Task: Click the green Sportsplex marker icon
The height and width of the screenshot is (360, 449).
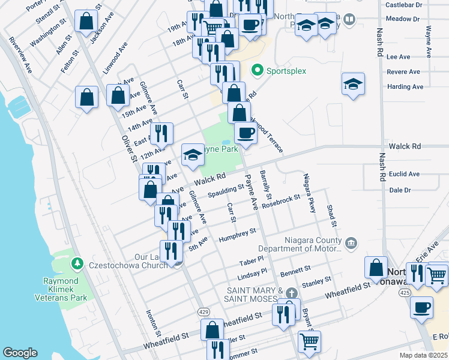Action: [258, 71]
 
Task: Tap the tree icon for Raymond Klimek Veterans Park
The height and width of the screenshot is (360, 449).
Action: [77, 263]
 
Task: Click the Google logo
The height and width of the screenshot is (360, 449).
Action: [20, 353]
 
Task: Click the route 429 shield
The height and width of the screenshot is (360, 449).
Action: [203, 312]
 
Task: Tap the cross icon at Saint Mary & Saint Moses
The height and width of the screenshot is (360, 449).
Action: [291, 293]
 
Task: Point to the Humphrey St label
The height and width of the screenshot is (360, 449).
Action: [237, 233]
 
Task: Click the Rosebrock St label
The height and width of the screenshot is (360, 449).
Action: [280, 199]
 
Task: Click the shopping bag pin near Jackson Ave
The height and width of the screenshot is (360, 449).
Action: [86, 21]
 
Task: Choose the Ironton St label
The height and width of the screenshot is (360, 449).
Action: [154, 322]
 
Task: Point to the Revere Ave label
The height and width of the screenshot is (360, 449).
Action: [403, 71]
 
